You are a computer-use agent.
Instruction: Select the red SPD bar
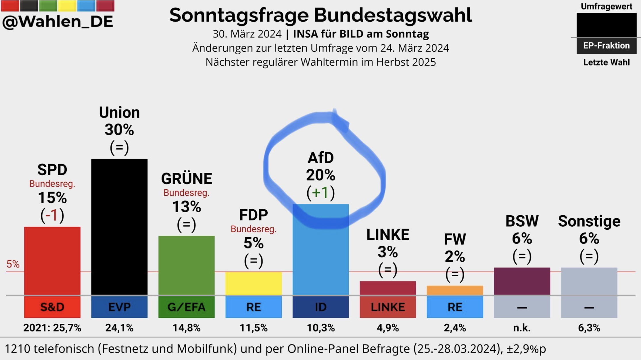(x=52, y=261)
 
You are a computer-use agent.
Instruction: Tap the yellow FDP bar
(x=254, y=283)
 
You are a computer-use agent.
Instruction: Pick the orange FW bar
(x=455, y=290)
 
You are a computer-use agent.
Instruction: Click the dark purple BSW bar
(x=522, y=281)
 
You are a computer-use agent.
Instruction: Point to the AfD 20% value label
(x=320, y=175)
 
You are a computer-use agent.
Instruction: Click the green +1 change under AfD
(x=320, y=192)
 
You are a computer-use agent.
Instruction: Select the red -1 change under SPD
(x=52, y=215)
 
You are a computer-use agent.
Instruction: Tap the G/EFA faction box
(x=186, y=307)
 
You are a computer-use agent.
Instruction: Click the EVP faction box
(x=119, y=307)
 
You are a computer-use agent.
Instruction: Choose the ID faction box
(x=320, y=307)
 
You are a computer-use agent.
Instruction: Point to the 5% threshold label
(x=13, y=264)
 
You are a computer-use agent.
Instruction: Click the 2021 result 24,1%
(x=119, y=328)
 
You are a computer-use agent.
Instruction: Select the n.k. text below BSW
(x=522, y=328)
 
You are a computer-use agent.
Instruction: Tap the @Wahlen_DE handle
(x=57, y=21)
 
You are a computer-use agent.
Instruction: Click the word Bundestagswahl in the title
(x=393, y=15)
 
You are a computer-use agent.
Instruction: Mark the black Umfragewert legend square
(x=607, y=25)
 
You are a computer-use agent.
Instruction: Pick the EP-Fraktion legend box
(x=607, y=45)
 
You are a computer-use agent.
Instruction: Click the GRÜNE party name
(x=187, y=179)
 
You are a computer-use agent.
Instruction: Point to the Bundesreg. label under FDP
(x=254, y=229)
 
